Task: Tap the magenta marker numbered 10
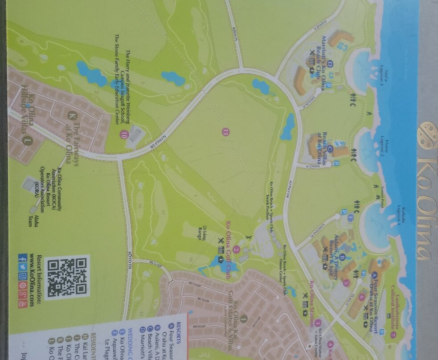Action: coord(123,133)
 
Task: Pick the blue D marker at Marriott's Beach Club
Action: coord(331,64)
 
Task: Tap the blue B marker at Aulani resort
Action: coord(343,257)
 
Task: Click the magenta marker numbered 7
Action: coord(393,334)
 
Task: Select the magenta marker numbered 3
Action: coord(318,323)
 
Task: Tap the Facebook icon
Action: coord(20,257)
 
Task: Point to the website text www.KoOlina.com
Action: coord(32,280)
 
